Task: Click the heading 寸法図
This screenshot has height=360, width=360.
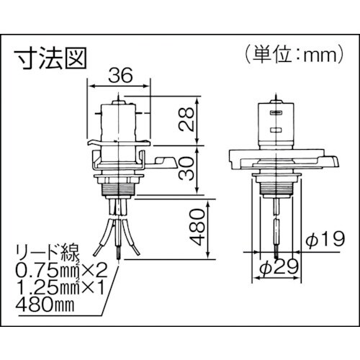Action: pyautogui.click(x=49, y=55)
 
